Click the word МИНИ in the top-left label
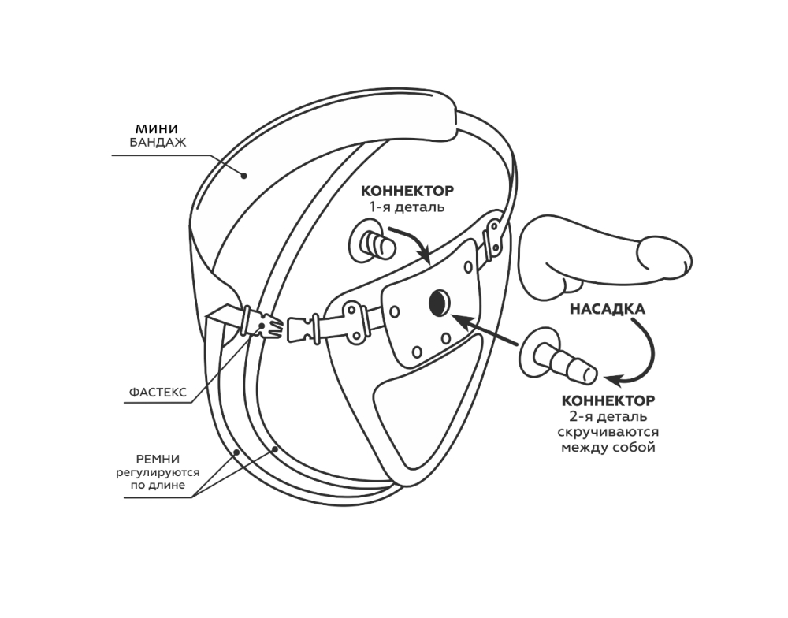(x=157, y=128)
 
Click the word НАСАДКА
(x=607, y=310)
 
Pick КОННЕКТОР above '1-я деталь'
(x=407, y=192)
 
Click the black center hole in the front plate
(x=438, y=301)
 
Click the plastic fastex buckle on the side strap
(x=261, y=325)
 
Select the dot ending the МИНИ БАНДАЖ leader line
(x=244, y=176)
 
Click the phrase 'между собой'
(x=608, y=449)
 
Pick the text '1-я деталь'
(x=407, y=207)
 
